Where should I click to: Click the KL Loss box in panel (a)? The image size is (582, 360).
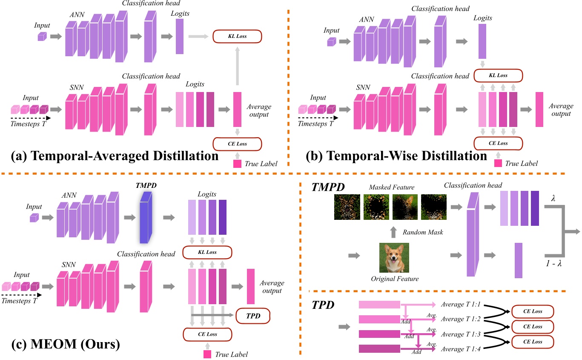pyautogui.click(x=237, y=36)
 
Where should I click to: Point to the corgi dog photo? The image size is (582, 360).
pyautogui.click(x=394, y=258)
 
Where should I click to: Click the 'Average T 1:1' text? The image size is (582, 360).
pyautogui.click(x=461, y=305)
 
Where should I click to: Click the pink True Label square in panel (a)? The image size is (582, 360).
pyautogui.click(x=237, y=163)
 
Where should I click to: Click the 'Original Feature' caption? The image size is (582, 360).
pyautogui.click(x=394, y=279)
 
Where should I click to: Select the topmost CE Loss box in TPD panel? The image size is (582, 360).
pyautogui.click(x=533, y=311)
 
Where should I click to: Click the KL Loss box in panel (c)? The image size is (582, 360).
pyautogui.click(x=206, y=252)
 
